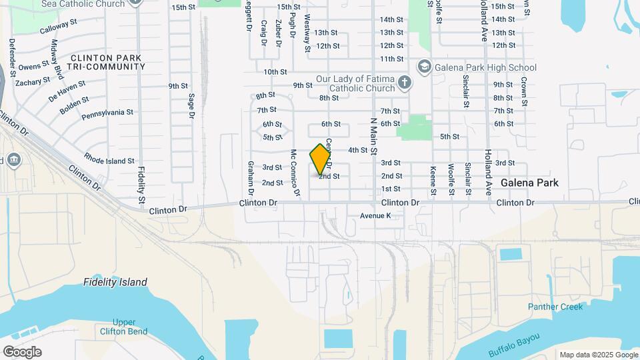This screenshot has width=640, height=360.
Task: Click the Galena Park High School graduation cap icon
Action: tap(424, 67)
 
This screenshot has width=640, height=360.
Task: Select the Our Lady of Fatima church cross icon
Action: tap(403, 83)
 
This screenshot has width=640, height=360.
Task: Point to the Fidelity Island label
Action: tap(115, 282)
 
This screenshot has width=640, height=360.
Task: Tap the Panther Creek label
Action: tap(555, 307)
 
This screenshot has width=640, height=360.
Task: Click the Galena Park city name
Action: tap(529, 183)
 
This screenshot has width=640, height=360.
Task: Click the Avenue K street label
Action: tap(375, 216)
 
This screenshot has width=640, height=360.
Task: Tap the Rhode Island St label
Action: tap(109, 160)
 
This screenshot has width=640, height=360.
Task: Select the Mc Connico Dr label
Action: tap(294, 173)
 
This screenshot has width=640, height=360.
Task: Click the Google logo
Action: tap(22, 351)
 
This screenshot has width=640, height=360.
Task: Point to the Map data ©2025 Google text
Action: tap(597, 355)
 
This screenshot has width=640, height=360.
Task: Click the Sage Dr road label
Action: tap(191, 106)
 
